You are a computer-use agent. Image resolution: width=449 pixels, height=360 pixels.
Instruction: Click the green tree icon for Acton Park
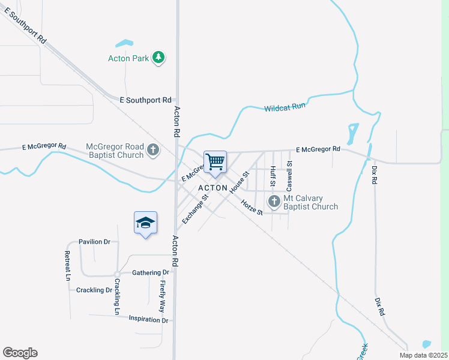pyautogui.click(x=158, y=58)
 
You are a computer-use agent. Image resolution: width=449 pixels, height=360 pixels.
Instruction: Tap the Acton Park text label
pyautogui.click(x=128, y=59)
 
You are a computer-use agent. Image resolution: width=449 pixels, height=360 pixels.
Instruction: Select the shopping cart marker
pyautogui.click(x=215, y=161)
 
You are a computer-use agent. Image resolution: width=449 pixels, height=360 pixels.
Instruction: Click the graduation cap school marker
pyautogui.click(x=145, y=223)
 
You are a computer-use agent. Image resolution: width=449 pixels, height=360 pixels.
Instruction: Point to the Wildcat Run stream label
pyautogui.click(x=285, y=107)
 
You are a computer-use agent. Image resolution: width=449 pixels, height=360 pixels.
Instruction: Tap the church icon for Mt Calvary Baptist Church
pyautogui.click(x=274, y=202)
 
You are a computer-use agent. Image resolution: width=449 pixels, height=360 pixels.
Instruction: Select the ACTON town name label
pyautogui.click(x=213, y=188)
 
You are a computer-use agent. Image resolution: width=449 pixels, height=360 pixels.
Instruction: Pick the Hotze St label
pyautogui.click(x=252, y=208)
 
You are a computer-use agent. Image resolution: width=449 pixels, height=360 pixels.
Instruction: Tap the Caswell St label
pyautogui.click(x=289, y=172)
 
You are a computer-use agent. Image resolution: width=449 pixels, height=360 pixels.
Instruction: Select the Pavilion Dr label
pyautogui.click(x=94, y=242)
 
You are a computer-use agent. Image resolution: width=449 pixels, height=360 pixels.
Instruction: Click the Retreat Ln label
pyautogui.click(x=68, y=266)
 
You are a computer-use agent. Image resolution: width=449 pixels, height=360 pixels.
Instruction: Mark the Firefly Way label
pyautogui.click(x=161, y=296)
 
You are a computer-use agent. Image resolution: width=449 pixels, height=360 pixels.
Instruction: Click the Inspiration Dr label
pyautogui.click(x=148, y=319)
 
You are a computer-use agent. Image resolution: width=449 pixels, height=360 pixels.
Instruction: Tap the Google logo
pyautogui.click(x=20, y=353)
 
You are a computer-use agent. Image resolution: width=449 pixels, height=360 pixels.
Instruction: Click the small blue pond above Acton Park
pyautogui.click(x=124, y=43)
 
